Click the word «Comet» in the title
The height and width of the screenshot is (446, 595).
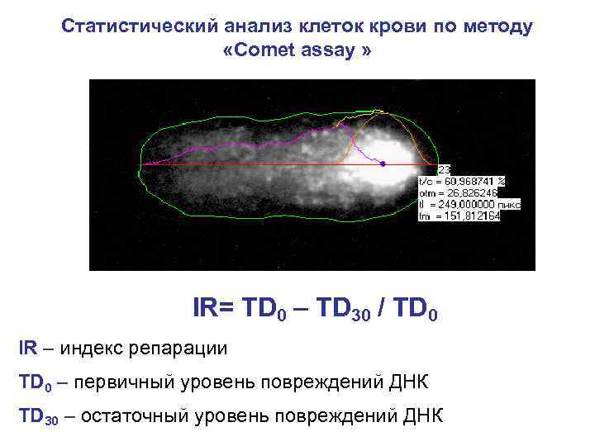click(270, 50)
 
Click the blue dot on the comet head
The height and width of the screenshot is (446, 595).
click(383, 164)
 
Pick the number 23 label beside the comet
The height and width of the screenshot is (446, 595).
click(445, 169)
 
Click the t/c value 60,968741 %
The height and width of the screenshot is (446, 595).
click(474, 180)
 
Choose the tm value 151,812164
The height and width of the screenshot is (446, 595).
click(475, 215)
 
